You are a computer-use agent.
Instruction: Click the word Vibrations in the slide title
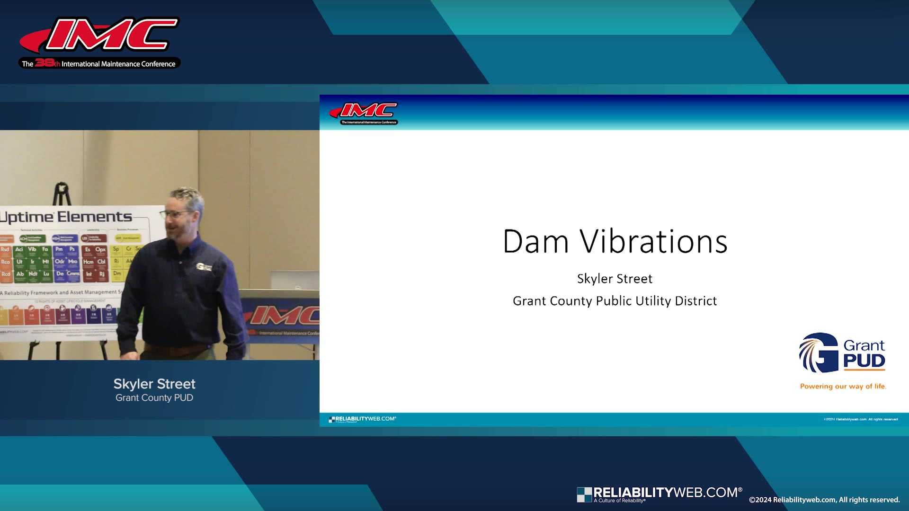tap(654, 242)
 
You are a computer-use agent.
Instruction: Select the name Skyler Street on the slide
tap(615, 279)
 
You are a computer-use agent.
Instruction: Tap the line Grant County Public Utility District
tap(615, 301)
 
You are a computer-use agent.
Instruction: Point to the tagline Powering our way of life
tap(843, 387)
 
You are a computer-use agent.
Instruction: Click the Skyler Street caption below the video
tap(154, 384)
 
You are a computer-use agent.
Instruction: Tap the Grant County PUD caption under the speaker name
tap(154, 398)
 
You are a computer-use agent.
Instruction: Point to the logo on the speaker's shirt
tap(204, 267)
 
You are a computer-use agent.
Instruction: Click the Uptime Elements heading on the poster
tap(66, 217)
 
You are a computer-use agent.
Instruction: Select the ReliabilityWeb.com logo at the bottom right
tap(659, 494)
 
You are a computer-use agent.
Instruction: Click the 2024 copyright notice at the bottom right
tap(824, 500)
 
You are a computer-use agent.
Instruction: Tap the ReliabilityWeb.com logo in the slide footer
tap(362, 419)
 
